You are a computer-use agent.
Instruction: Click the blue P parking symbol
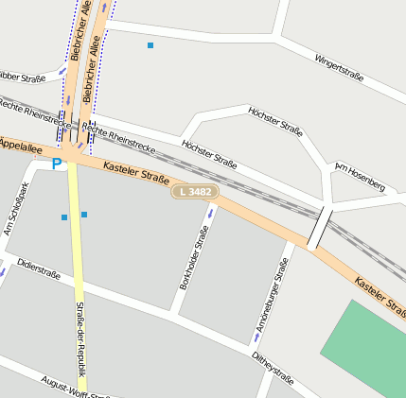pos(57,164)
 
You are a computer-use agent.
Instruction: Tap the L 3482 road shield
pos(195,192)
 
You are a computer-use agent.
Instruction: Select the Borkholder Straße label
pos(194,256)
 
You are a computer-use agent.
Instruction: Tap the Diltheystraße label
pos(273,369)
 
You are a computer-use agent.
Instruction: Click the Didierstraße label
pos(39,269)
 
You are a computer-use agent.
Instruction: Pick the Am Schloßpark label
pos(17,208)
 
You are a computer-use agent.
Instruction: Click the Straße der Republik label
pos(79,338)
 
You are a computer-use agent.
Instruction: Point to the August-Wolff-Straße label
pos(76,388)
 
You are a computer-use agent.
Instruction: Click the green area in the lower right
pos(369,350)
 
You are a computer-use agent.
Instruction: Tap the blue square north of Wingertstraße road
pos(150,44)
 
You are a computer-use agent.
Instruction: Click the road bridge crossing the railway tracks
pos(320,227)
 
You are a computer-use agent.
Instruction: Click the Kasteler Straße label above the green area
pos(380,292)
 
